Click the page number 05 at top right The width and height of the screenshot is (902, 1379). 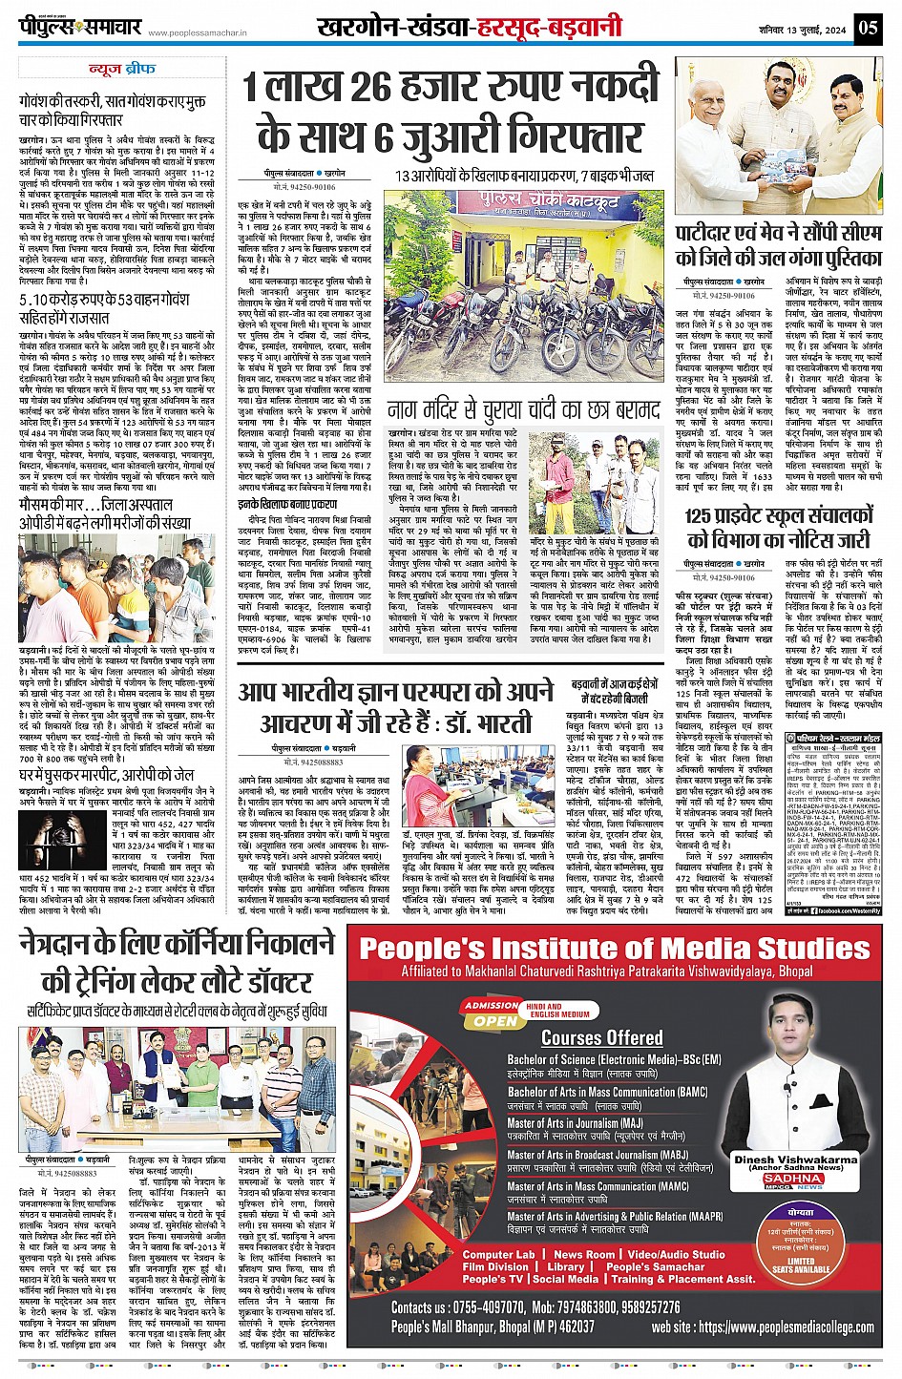pyautogui.click(x=868, y=27)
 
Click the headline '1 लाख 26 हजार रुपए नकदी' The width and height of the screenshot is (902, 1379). pyautogui.click(x=450, y=88)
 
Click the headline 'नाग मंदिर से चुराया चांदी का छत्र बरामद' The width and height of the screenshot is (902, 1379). pyautogui.click(x=523, y=411)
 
